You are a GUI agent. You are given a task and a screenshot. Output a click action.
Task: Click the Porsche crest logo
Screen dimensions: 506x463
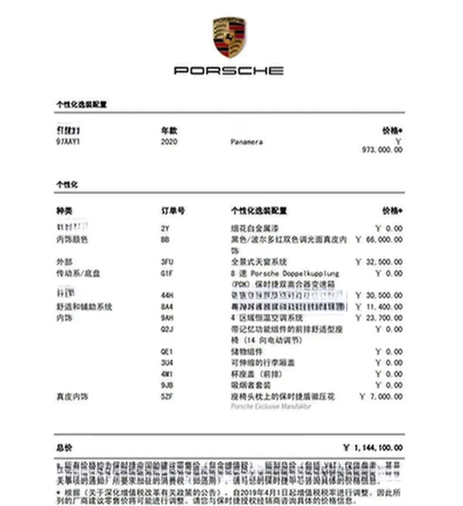click(x=229, y=37)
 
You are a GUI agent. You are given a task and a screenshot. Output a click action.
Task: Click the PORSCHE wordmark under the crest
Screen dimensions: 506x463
click(x=229, y=70)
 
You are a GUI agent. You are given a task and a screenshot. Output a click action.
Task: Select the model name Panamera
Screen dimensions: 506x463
click(x=246, y=142)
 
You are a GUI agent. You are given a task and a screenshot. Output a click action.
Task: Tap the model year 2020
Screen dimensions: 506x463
click(x=169, y=142)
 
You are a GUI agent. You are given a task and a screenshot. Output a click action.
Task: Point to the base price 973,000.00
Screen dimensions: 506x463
click(x=382, y=150)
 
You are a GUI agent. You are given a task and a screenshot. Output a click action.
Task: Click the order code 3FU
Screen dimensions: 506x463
click(x=167, y=262)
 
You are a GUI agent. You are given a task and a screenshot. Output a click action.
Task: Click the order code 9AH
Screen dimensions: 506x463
click(x=167, y=318)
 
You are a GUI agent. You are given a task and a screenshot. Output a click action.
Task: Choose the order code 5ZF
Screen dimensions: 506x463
click(x=167, y=396)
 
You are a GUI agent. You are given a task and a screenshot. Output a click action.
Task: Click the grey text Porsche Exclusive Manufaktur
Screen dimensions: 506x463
click(x=271, y=406)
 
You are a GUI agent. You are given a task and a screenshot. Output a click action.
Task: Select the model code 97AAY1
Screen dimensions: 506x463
click(x=68, y=142)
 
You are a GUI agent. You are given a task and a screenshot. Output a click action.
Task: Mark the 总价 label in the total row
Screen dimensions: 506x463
click(x=64, y=448)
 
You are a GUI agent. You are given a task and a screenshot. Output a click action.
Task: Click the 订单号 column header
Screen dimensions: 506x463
click(x=173, y=210)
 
